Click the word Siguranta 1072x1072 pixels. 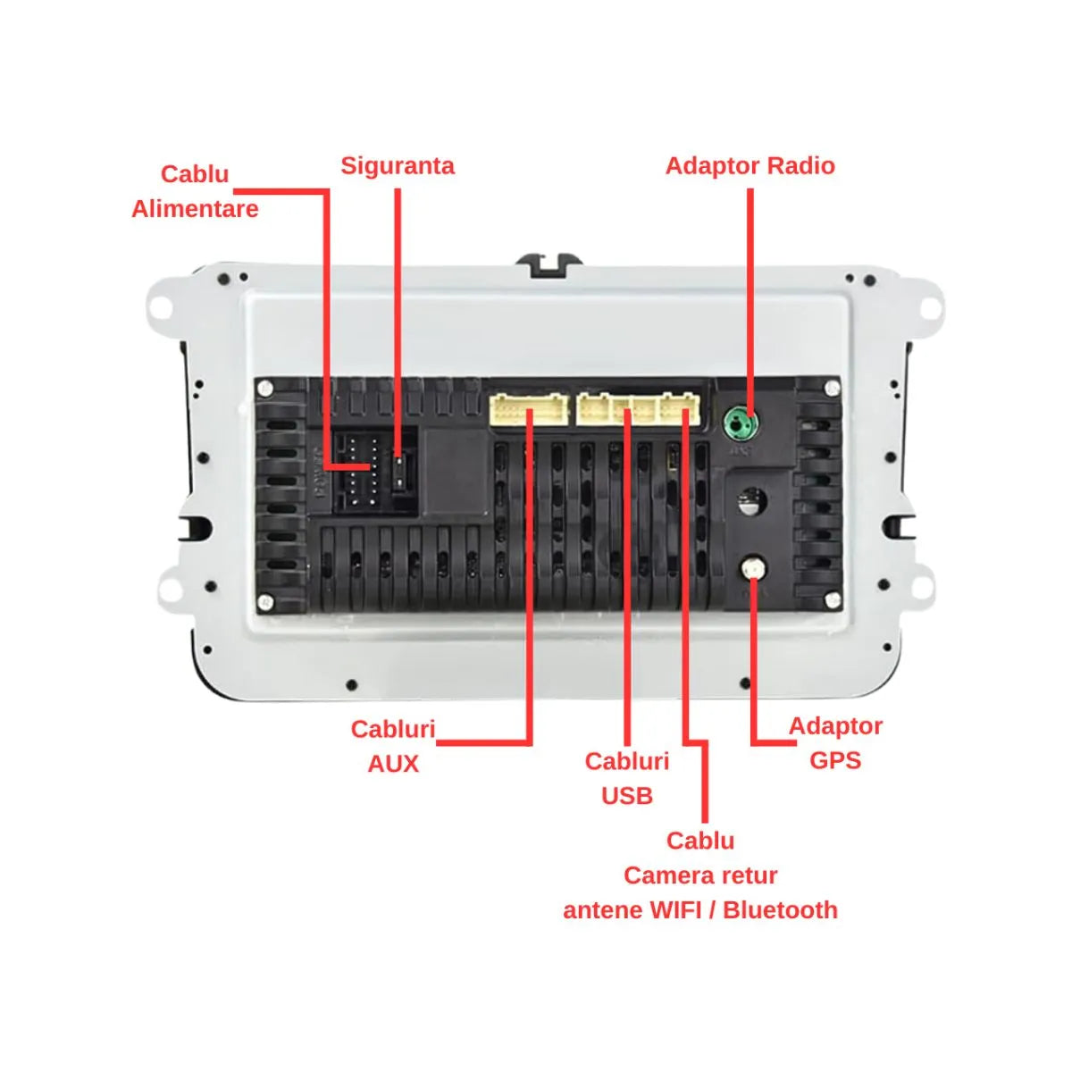[x=397, y=166]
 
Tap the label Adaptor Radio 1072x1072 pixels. [x=750, y=166]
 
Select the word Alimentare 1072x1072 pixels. [x=195, y=209]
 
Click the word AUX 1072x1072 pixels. [x=393, y=764]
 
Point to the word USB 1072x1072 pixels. [x=627, y=796]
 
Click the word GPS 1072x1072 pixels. [x=835, y=760]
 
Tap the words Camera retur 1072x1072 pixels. [x=700, y=875]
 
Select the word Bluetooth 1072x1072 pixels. [x=780, y=910]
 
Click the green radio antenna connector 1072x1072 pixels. [x=740, y=421]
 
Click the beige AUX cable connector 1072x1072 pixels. [x=529, y=410]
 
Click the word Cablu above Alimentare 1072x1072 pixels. [x=195, y=174]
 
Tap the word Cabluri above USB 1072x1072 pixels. [x=627, y=761]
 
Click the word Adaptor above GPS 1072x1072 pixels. [x=835, y=725]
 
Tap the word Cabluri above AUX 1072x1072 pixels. [x=393, y=729]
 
